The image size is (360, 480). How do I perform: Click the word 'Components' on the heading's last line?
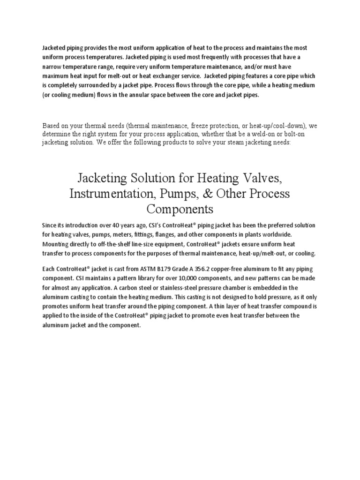coord(180,208)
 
